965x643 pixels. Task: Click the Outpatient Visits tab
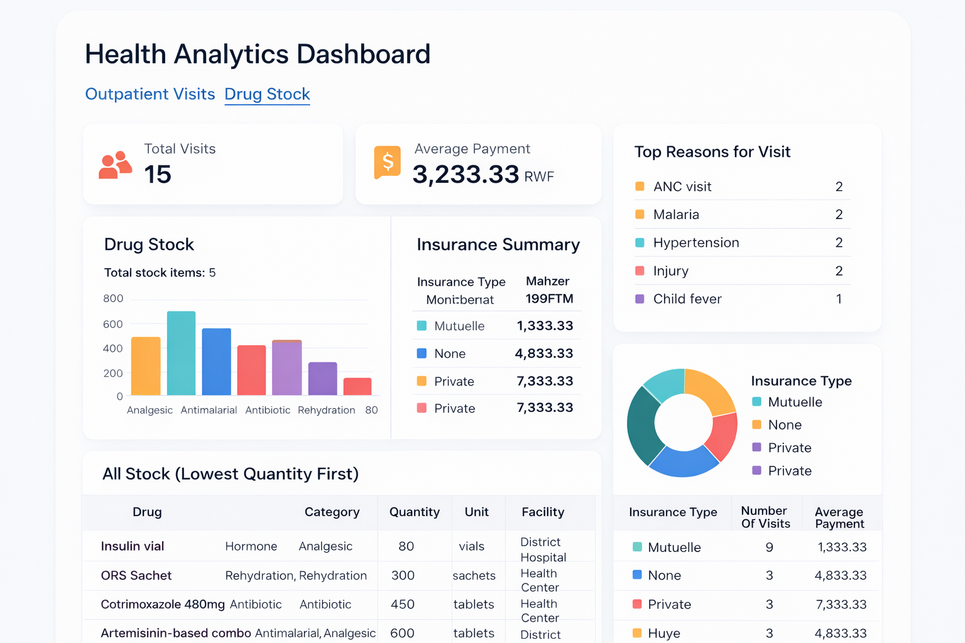click(x=150, y=94)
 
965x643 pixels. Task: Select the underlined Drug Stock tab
click(x=267, y=94)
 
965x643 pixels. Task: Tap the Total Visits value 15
click(x=158, y=175)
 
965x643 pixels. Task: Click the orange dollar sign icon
click(x=388, y=161)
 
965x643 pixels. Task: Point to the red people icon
click(x=115, y=165)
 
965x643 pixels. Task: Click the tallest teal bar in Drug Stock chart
click(x=181, y=353)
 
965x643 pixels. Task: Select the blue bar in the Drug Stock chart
click(x=216, y=362)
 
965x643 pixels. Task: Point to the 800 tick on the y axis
click(x=113, y=298)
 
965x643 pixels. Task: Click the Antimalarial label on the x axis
click(x=209, y=410)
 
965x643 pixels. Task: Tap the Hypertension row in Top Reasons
click(x=696, y=242)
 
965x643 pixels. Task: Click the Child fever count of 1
click(x=838, y=299)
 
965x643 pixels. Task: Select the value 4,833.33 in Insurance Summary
click(x=543, y=354)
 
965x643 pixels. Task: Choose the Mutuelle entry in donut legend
click(x=795, y=402)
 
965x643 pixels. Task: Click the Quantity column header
click(x=414, y=512)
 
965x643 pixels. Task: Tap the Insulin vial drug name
click(x=132, y=546)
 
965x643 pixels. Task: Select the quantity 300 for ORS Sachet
click(x=403, y=575)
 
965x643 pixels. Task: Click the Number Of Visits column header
click(x=765, y=517)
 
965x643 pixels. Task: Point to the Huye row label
click(x=663, y=633)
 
